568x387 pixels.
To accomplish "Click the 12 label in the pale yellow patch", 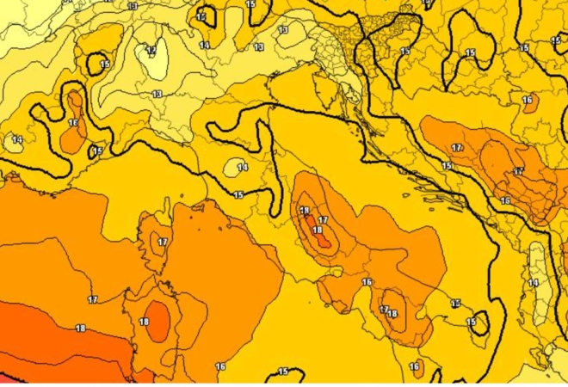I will click(x=151, y=50).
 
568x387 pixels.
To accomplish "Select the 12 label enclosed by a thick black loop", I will click(x=201, y=17).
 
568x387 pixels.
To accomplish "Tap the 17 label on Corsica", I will click(x=162, y=243).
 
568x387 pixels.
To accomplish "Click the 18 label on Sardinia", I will click(x=144, y=322).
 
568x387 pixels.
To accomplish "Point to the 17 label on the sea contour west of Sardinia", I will click(x=92, y=299).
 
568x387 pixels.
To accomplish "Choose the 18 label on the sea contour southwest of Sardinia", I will click(x=80, y=329).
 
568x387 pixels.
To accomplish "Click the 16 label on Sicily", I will click(x=415, y=367).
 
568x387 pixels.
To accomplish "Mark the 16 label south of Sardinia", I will click(x=220, y=367).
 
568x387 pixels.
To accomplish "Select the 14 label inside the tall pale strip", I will click(x=533, y=282).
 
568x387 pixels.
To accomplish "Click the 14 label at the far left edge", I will click(x=17, y=139).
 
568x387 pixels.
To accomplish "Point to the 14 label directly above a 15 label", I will click(x=243, y=167).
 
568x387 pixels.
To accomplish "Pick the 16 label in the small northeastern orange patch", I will click(x=528, y=101).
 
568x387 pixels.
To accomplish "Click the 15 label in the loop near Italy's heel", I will click(x=471, y=322).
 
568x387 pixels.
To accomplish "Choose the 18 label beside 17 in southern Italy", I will click(x=392, y=315).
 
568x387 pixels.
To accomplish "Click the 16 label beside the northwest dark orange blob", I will click(x=73, y=123).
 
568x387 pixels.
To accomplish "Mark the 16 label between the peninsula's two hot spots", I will click(x=367, y=282).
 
